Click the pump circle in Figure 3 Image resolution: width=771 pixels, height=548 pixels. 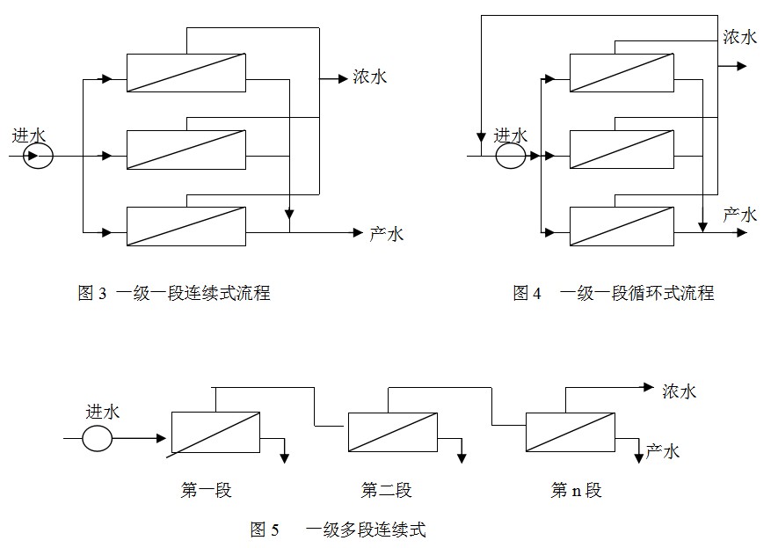[x=39, y=157]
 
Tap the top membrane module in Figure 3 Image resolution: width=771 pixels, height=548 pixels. [x=185, y=72]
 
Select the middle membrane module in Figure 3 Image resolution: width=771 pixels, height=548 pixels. [x=185, y=149]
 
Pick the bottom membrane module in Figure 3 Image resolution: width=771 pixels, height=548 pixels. [x=185, y=225]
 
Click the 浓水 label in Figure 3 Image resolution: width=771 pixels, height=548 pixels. [x=369, y=77]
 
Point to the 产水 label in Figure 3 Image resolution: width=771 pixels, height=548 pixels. [x=386, y=233]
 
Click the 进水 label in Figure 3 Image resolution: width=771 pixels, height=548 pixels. [x=29, y=135]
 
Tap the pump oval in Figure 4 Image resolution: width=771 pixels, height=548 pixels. [x=511, y=157]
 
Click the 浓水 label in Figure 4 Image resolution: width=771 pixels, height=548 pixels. [x=739, y=37]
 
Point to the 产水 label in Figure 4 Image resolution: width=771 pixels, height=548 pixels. [x=739, y=215]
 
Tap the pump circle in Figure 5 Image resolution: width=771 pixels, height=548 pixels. [x=98, y=437]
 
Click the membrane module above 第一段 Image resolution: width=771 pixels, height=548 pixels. [x=215, y=432]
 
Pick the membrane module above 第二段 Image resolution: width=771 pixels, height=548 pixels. [x=392, y=432]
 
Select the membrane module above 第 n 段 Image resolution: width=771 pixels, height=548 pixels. [x=570, y=432]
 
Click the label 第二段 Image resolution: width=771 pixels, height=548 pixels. [x=386, y=491]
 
